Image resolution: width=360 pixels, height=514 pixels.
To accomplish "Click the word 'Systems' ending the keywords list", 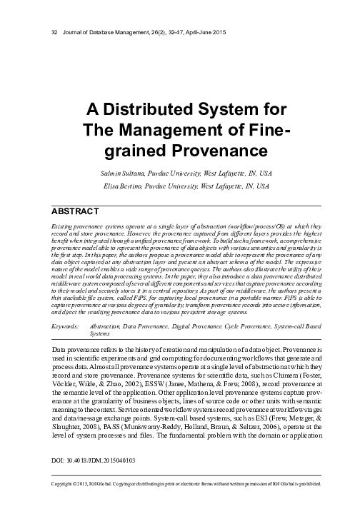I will pos(100,333).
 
